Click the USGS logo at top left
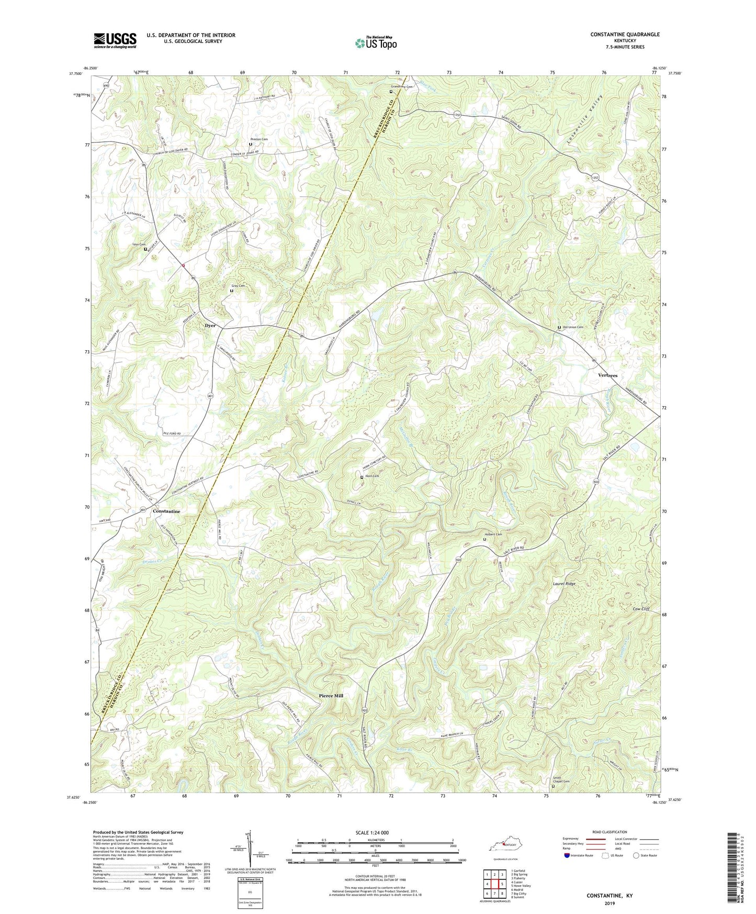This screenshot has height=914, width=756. pos(115,40)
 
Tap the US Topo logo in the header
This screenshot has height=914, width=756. pos(376,43)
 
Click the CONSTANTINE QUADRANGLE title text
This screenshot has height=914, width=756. pos(625,35)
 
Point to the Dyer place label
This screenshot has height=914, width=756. pos(210,325)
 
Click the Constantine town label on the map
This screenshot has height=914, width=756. pos(166,511)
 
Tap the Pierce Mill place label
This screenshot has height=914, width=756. pos(331,696)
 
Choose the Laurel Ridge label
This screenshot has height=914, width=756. pos(564,583)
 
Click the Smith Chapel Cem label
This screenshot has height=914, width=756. pos(562,780)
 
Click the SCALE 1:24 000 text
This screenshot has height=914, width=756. pos(373,832)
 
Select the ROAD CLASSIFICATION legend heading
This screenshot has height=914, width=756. pos(610,832)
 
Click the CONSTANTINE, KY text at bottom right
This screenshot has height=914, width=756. pos(610,896)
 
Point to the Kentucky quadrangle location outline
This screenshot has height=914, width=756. pos(504,846)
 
